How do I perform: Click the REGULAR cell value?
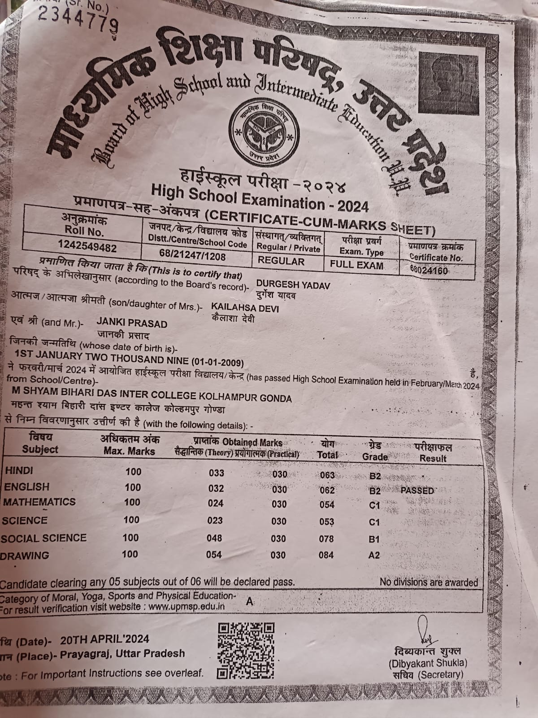point(281,261)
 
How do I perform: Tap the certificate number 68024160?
point(429,270)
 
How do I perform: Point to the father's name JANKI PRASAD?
point(132,324)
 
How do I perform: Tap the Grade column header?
point(375,457)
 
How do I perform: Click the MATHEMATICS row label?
point(40,502)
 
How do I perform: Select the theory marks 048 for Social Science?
point(214,538)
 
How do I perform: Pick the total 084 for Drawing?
point(326,555)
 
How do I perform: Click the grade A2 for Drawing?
point(373,555)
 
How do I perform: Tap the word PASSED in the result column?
point(417,490)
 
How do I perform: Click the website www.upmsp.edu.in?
point(187,607)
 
